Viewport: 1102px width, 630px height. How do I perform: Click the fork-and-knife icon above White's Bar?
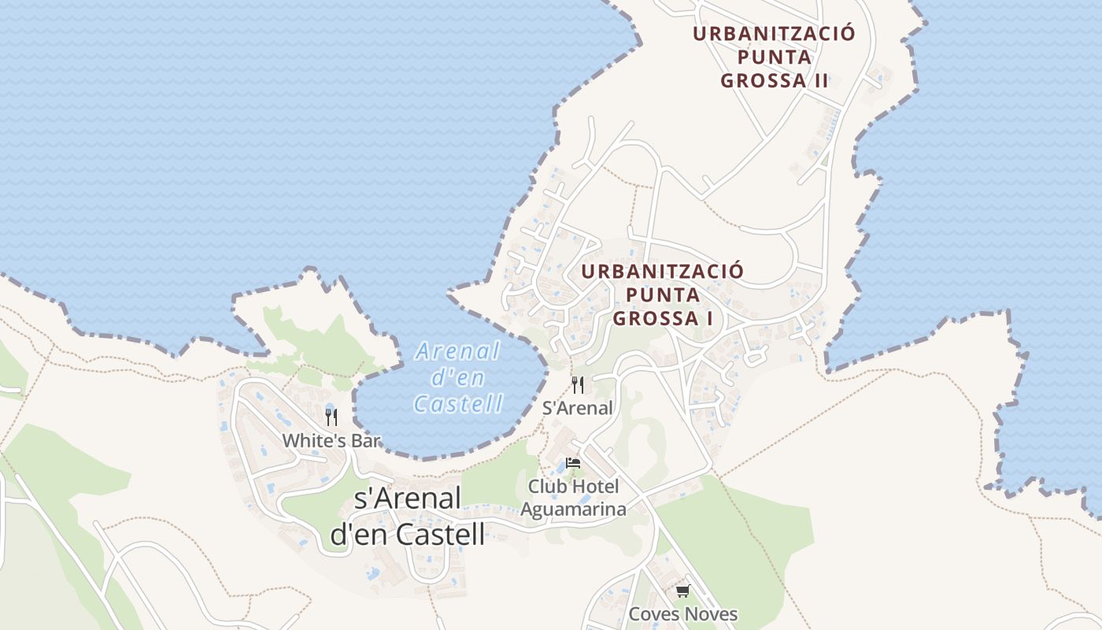pyautogui.click(x=331, y=417)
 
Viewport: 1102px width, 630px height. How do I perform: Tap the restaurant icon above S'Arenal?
pyautogui.click(x=578, y=384)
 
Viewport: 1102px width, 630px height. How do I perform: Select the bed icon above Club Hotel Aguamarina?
pyautogui.click(x=573, y=463)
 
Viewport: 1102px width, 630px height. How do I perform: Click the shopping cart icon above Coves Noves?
pyautogui.click(x=682, y=591)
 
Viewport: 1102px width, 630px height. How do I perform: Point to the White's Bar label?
pyautogui.click(x=331, y=440)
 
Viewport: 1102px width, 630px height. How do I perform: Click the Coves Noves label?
pyautogui.click(x=682, y=614)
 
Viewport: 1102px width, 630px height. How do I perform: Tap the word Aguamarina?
pyautogui.click(x=573, y=509)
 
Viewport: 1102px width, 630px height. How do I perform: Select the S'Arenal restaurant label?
pyautogui.click(x=578, y=408)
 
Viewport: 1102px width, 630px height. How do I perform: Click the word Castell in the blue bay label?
pyautogui.click(x=458, y=404)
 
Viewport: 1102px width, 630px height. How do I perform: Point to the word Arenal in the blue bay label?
pyautogui.click(x=457, y=350)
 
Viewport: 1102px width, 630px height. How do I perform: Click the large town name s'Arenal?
pyautogui.click(x=407, y=498)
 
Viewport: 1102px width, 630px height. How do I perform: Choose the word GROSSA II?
pyautogui.click(x=775, y=80)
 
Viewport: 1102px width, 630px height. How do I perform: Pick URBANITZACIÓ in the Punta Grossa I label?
pyautogui.click(x=662, y=272)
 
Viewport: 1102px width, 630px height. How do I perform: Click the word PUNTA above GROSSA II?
pyautogui.click(x=775, y=57)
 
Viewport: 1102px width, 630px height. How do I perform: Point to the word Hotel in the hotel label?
pyautogui.click(x=594, y=487)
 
